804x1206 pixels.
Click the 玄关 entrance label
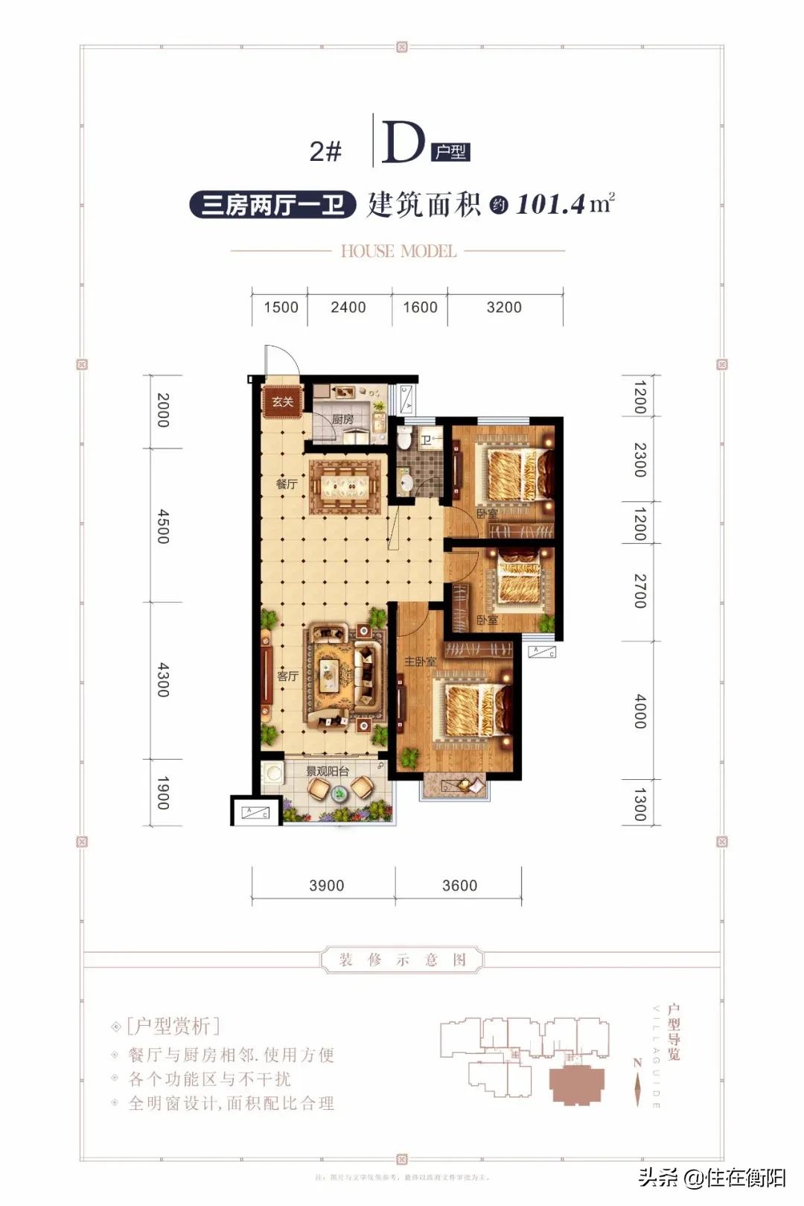283,402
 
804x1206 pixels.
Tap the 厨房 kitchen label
342,419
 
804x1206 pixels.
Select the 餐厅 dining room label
287,484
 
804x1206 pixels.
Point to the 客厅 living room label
287,676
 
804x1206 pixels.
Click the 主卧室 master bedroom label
420,661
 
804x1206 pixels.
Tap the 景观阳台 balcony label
328,772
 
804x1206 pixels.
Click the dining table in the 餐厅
345,488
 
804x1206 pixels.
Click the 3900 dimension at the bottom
326,886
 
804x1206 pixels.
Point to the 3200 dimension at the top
504,307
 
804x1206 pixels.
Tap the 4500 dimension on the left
163,526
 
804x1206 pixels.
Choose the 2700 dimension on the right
639,591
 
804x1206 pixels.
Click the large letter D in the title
403,142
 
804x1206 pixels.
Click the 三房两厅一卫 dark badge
272,205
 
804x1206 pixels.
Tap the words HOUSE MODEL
398,251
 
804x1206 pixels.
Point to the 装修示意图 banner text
402,959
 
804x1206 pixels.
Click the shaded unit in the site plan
576,1084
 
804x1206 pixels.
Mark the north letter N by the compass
636,1063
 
